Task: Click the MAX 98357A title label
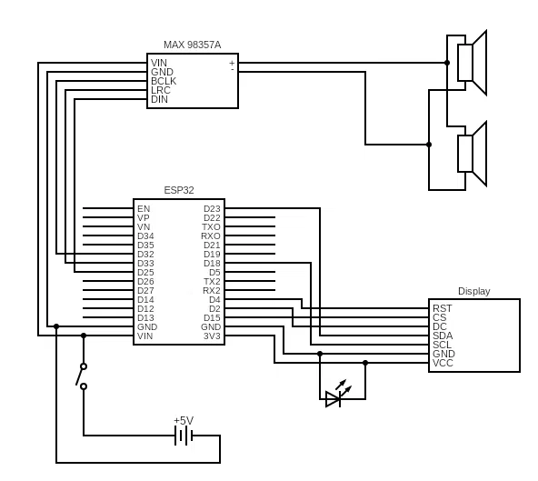[x=192, y=45]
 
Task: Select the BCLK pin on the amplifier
[x=164, y=81]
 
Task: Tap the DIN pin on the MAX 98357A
[x=159, y=99]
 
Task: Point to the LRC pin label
[x=160, y=90]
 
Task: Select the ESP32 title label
[x=178, y=190]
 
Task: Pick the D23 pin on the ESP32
[x=212, y=208]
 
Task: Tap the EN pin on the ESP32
[x=144, y=208]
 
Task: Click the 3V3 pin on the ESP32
[x=212, y=336]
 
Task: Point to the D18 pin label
[x=212, y=263]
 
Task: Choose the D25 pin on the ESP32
[x=145, y=272]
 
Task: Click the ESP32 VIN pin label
[x=145, y=336]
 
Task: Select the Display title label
[x=473, y=291]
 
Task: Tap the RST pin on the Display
[x=443, y=308]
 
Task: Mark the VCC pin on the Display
[x=443, y=363]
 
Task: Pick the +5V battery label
[x=184, y=420]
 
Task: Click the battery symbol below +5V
[x=184, y=436]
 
